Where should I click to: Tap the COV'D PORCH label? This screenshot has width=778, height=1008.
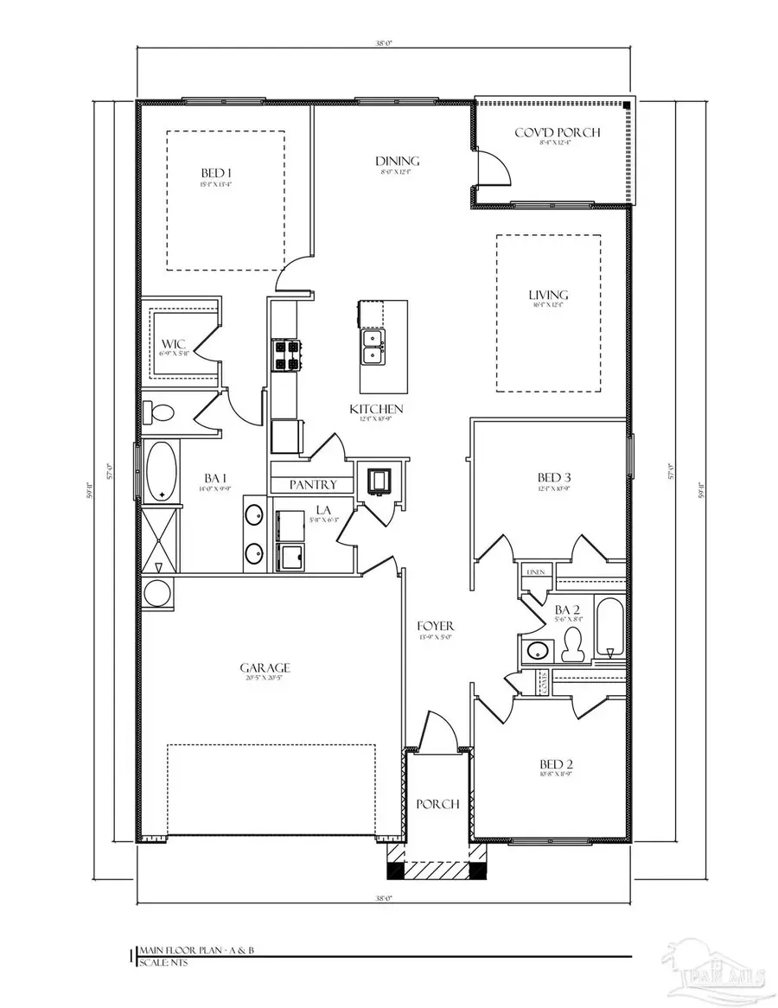[x=569, y=132]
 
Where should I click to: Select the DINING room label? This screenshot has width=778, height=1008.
[x=397, y=161]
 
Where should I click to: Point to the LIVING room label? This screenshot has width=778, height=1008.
[x=548, y=296]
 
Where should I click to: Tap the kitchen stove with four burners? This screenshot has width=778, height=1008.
[x=286, y=354]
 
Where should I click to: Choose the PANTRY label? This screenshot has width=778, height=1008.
[x=313, y=485]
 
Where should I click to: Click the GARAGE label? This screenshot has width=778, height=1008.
[x=265, y=667]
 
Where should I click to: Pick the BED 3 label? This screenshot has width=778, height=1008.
[x=553, y=477]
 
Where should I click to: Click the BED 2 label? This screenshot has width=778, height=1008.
[x=557, y=764]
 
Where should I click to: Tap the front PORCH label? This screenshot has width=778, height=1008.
[x=437, y=804]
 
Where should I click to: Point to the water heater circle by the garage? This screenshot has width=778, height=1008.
[x=156, y=594]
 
